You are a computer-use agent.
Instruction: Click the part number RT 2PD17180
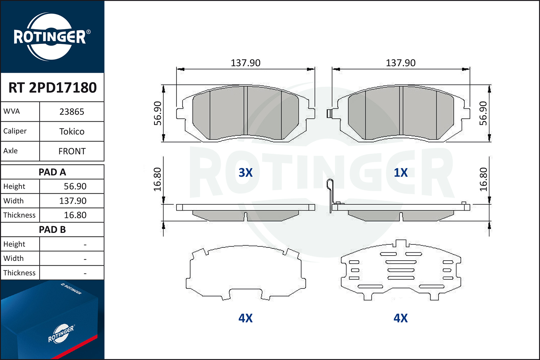click(x=53, y=87)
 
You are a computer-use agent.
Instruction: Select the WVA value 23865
click(x=72, y=112)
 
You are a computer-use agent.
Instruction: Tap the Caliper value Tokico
click(x=72, y=132)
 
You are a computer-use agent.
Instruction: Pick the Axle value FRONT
click(x=72, y=152)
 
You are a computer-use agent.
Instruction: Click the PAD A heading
click(x=52, y=172)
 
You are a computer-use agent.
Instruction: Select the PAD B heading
click(x=52, y=230)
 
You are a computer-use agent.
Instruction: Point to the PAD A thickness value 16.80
click(x=75, y=215)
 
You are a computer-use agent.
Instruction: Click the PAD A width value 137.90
click(x=73, y=201)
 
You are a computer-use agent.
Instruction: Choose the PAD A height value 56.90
click(x=75, y=186)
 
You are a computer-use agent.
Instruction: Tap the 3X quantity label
click(x=246, y=173)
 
